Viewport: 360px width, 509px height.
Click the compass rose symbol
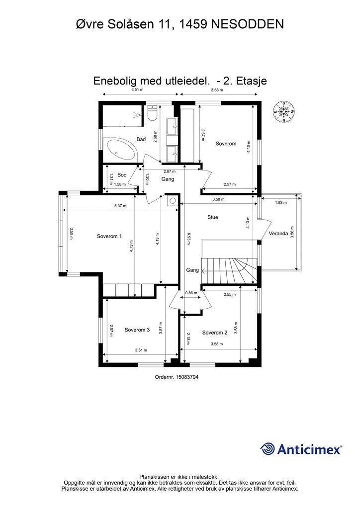[284, 112]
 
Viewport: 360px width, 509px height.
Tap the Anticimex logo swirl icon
[268, 449]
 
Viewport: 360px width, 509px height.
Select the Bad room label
[141, 139]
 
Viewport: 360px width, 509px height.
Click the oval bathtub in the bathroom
[120, 150]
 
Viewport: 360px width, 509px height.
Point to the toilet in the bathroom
[152, 113]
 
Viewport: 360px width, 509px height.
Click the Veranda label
[278, 234]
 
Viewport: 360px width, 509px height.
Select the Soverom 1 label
[109, 236]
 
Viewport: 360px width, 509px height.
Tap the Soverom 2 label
[215, 333]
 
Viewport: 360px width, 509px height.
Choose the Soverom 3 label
[137, 330]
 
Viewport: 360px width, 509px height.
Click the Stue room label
[213, 217]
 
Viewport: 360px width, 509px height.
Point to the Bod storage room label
[122, 175]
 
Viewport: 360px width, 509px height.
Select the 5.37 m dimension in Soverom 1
[120, 206]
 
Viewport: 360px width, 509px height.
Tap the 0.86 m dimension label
[191, 293]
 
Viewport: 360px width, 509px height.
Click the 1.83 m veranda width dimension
[281, 203]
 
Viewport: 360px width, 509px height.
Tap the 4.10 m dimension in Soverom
[248, 147]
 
